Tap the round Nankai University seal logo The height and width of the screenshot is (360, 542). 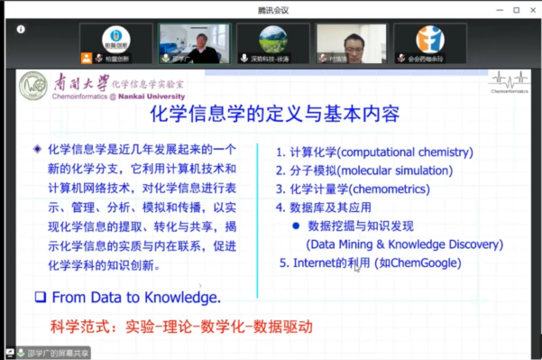(x=33, y=86)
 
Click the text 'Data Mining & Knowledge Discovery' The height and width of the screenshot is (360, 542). (x=404, y=244)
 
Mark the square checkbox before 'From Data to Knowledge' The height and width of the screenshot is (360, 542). (x=40, y=296)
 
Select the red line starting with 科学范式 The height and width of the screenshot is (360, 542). (x=181, y=326)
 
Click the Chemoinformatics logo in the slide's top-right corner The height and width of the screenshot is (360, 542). (x=510, y=82)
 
